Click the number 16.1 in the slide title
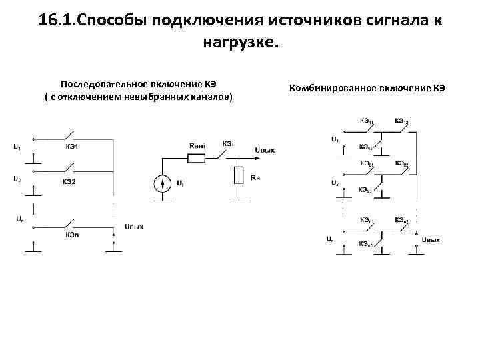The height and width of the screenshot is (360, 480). pos(57,20)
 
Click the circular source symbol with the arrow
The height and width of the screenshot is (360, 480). pos(161,183)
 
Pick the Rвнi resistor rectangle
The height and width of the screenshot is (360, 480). pos(197,158)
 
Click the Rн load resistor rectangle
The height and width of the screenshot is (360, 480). pos(238,176)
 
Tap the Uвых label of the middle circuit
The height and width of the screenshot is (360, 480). pos(264,151)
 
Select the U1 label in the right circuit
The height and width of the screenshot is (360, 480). pos(335,139)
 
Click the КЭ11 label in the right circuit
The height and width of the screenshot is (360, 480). pos(366,121)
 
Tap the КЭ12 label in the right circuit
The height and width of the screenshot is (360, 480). pos(401,121)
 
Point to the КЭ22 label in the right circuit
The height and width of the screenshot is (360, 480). pos(401,163)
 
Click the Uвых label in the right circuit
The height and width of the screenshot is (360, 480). pos(431,239)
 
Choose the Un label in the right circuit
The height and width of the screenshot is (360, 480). pos(331,238)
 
